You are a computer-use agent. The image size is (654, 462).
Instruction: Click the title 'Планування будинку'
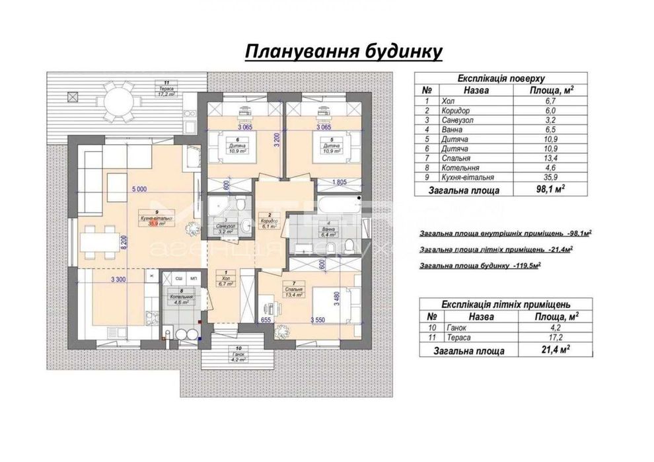[343, 52]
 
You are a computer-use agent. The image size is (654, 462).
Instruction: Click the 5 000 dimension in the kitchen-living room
[139, 189]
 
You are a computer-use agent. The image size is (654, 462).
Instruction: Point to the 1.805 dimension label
[340, 182]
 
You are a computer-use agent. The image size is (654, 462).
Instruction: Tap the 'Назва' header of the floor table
[476, 91]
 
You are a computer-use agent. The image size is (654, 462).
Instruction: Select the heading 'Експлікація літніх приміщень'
[505, 304]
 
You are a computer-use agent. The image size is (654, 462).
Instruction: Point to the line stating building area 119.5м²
[480, 266]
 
